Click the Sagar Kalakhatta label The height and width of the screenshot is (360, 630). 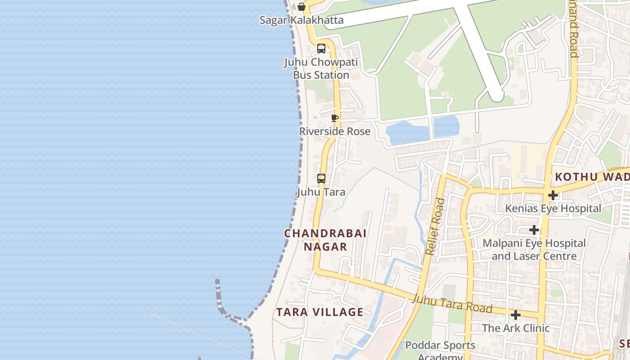click(301, 20)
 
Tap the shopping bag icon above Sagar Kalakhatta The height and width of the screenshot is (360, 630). click(301, 7)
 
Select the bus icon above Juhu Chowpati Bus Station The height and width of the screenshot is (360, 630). click(321, 49)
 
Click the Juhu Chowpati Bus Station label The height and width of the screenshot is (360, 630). click(321, 68)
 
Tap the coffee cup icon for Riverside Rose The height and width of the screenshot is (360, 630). click(334, 118)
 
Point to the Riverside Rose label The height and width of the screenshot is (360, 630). click(335, 131)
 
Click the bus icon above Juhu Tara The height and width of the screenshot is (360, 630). click(321, 179)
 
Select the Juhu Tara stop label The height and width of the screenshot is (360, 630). click(321, 192)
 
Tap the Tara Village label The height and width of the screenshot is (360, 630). click(319, 312)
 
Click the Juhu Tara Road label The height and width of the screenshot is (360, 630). click(452, 304)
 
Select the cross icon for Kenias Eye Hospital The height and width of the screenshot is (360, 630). click(553, 195)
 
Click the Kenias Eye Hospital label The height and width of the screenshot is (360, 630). click(553, 208)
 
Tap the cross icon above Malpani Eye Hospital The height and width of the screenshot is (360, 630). click(534, 230)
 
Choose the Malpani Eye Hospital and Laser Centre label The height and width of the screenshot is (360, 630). click(534, 250)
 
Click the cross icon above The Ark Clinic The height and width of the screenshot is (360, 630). click(516, 315)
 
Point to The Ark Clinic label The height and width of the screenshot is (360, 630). click(516, 328)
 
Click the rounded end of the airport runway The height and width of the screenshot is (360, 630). click(496, 95)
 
